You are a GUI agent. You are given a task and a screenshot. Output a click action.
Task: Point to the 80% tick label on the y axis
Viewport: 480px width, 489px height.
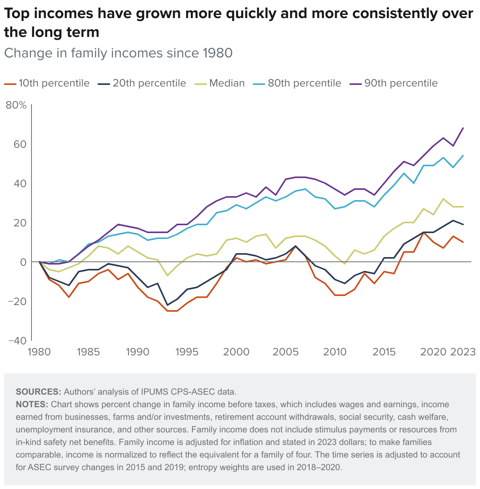[x=16, y=105]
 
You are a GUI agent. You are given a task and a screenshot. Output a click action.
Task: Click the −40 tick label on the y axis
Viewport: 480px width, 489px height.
[x=16, y=340]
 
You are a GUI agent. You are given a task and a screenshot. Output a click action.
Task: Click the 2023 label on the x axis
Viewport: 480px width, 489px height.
[x=463, y=352]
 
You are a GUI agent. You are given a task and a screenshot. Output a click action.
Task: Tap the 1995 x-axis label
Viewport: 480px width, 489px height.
[x=187, y=352]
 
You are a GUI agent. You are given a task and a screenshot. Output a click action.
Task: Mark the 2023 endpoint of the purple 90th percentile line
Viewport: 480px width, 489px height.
[x=463, y=128]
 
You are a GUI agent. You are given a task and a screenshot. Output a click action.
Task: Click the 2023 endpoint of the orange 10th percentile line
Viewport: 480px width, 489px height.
[x=463, y=242]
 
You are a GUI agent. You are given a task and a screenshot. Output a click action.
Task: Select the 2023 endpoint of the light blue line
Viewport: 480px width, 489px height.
[x=463, y=156]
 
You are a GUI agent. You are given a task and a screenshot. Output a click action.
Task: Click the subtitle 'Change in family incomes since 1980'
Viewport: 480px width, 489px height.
[x=118, y=53]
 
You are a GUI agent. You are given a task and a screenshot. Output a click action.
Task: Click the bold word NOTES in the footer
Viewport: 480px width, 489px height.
[x=32, y=404]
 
